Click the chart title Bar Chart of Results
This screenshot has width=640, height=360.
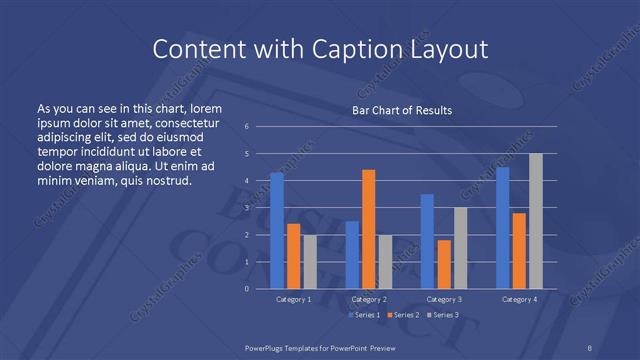click(402, 110)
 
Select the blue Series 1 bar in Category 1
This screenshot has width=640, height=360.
click(277, 230)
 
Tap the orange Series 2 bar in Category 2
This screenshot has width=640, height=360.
click(368, 229)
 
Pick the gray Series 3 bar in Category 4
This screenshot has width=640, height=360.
click(535, 221)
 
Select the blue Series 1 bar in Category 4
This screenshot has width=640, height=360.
click(502, 227)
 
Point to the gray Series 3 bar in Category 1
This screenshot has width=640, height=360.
click(309, 261)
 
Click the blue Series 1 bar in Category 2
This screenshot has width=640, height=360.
click(352, 254)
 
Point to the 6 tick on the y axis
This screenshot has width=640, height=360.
click(247, 126)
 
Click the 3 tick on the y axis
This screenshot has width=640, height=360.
click(247, 207)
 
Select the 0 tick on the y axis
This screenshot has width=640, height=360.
click(247, 288)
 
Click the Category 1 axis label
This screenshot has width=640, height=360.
click(293, 299)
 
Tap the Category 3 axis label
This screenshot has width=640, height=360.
click(443, 299)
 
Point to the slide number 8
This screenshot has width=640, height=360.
click(590, 346)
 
